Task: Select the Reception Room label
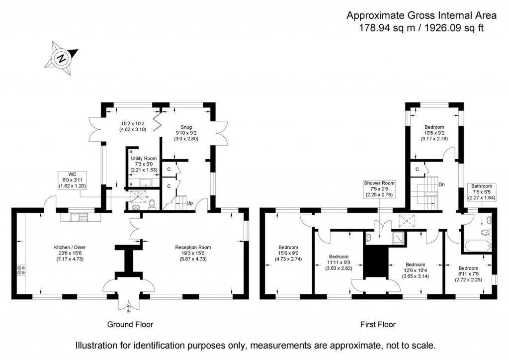coord(193,253)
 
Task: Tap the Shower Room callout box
coord(379,189)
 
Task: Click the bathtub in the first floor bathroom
coord(476,246)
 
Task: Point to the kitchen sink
coord(77,217)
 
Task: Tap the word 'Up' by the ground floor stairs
coord(189,203)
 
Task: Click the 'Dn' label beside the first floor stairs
coord(441,184)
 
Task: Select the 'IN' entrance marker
coord(129,311)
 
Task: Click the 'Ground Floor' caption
coord(130,325)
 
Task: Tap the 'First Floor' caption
coord(378,325)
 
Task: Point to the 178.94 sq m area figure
coord(386,28)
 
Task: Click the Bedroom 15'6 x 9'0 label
coord(288,253)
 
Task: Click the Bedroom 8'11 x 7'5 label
coord(468,271)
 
